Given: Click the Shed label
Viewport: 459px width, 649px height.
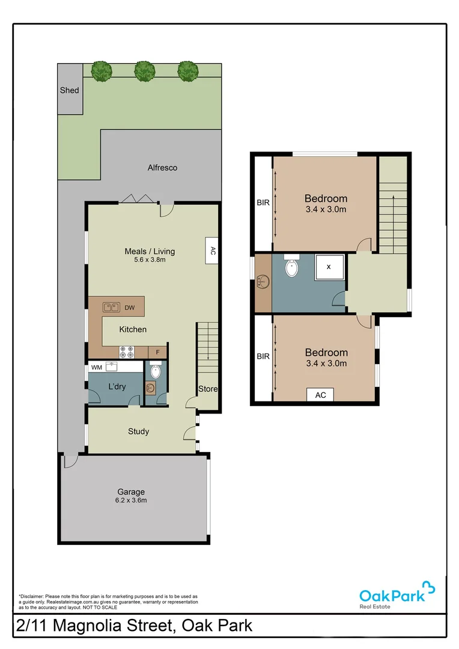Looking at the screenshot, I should tap(69, 90).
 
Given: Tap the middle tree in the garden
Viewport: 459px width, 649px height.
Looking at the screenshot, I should tap(145, 71).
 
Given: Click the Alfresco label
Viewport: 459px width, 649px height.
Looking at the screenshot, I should tap(162, 168).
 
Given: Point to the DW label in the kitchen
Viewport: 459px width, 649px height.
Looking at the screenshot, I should tap(130, 308).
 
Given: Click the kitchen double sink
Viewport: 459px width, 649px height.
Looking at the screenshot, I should tap(110, 308).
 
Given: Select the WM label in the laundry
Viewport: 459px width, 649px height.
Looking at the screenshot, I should tap(96, 367).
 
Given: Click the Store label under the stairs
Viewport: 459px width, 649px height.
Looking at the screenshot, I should tap(208, 389).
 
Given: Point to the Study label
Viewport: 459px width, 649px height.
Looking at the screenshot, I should tap(138, 431).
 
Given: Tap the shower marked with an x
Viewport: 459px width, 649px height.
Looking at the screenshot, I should tap(328, 266).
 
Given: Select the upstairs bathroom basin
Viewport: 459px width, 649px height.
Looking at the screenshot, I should tap(263, 281).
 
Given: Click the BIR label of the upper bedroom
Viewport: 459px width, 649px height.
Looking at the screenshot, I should tap(263, 203).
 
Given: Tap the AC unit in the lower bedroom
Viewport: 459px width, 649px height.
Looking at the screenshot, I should tap(320, 395).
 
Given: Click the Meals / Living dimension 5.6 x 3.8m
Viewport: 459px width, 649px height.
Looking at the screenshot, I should tap(150, 260).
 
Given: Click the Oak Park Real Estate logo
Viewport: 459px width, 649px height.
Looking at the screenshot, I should tap(397, 595).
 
